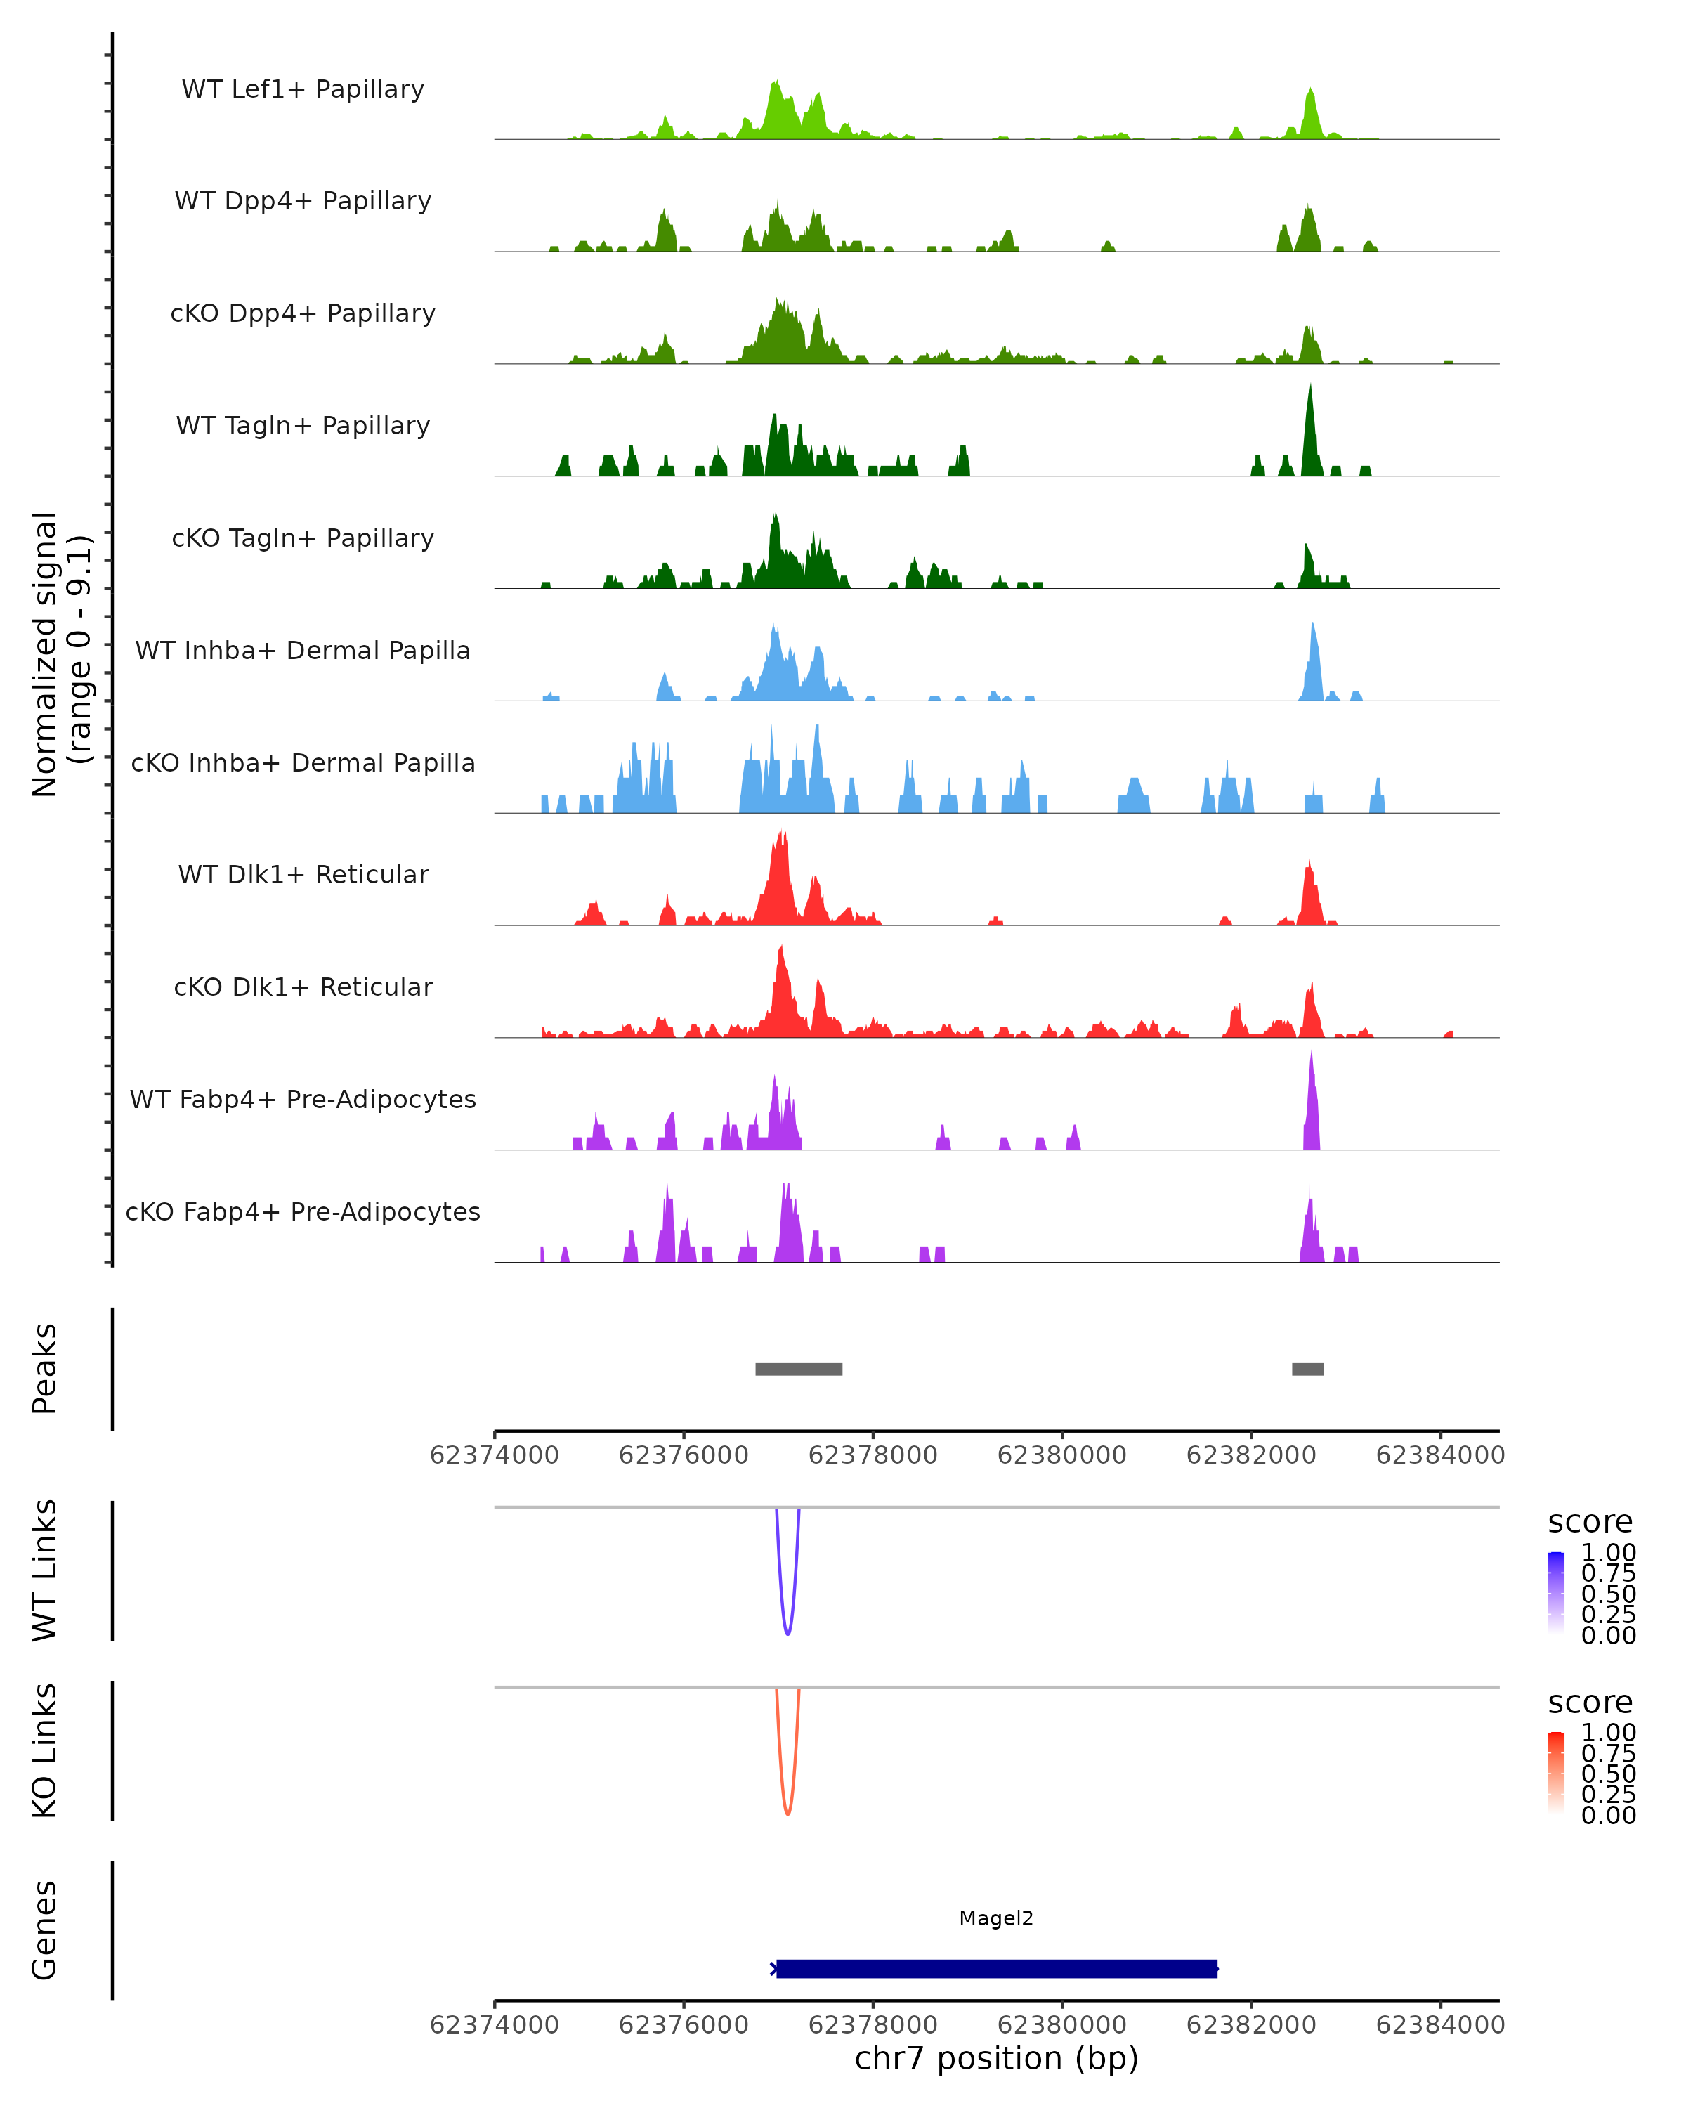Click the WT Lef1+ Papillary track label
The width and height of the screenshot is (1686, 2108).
point(303,89)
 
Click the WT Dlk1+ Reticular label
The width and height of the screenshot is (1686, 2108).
point(303,874)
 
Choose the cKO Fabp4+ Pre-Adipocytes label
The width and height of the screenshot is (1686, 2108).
point(303,1211)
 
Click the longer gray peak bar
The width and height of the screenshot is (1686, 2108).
point(799,1369)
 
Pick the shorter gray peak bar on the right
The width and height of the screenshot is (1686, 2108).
point(1308,1369)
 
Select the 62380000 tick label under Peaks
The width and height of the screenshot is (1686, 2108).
point(1061,1455)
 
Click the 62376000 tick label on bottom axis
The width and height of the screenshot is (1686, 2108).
point(684,2025)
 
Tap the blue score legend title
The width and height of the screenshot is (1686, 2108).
point(1589,1523)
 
